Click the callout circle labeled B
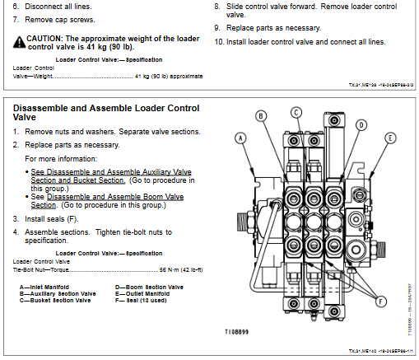pos(261,116)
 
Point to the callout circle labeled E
pos(390,138)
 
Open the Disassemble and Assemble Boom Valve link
pos(114,198)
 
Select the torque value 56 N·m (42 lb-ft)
pos(180,269)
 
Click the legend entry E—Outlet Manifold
pos(146,292)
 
